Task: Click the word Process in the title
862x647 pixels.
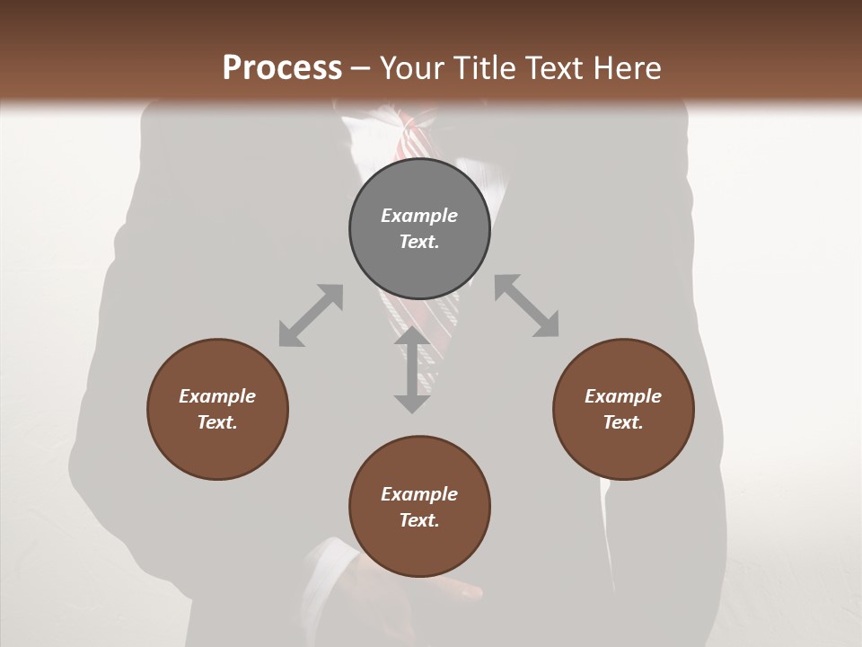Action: [x=282, y=67]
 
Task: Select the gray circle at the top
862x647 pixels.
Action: [x=419, y=229]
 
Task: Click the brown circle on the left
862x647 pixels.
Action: [x=217, y=409]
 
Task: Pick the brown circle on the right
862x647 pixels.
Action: [x=623, y=409]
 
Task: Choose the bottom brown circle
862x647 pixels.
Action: [x=419, y=507]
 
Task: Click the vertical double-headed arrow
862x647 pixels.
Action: [x=412, y=369]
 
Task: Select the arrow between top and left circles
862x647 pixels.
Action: [x=311, y=315]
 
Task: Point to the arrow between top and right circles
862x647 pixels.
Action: [x=527, y=306]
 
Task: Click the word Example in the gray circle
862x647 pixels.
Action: [x=419, y=216]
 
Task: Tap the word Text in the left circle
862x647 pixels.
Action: [x=217, y=422]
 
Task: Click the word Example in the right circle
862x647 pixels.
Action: [x=623, y=396]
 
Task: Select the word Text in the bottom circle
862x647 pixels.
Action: [x=419, y=520]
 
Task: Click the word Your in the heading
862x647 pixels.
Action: [x=412, y=67]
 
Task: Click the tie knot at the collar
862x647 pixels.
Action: [x=415, y=135]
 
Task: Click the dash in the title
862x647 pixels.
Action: [x=360, y=68]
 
